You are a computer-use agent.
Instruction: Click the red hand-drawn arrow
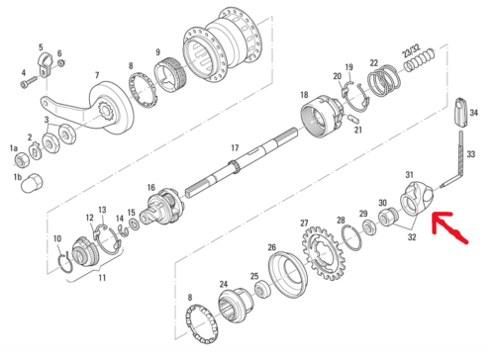click(x=447, y=227)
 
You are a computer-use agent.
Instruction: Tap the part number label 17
click(x=235, y=148)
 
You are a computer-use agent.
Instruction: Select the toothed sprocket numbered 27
click(x=324, y=253)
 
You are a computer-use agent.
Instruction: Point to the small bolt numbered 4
click(x=30, y=82)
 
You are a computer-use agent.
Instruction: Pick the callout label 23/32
click(x=411, y=50)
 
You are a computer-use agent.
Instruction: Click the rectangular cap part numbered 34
click(x=461, y=112)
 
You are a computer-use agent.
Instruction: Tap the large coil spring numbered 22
click(x=384, y=81)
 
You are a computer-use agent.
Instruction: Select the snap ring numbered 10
click(x=65, y=263)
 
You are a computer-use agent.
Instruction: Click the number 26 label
click(x=271, y=247)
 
